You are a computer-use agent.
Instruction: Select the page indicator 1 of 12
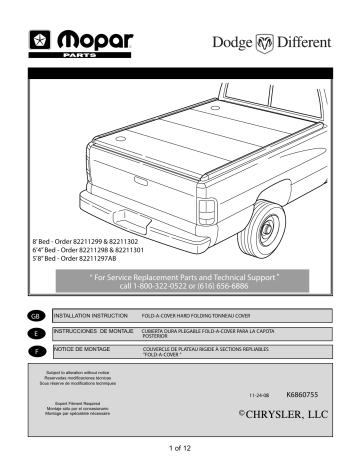tap(180, 457)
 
